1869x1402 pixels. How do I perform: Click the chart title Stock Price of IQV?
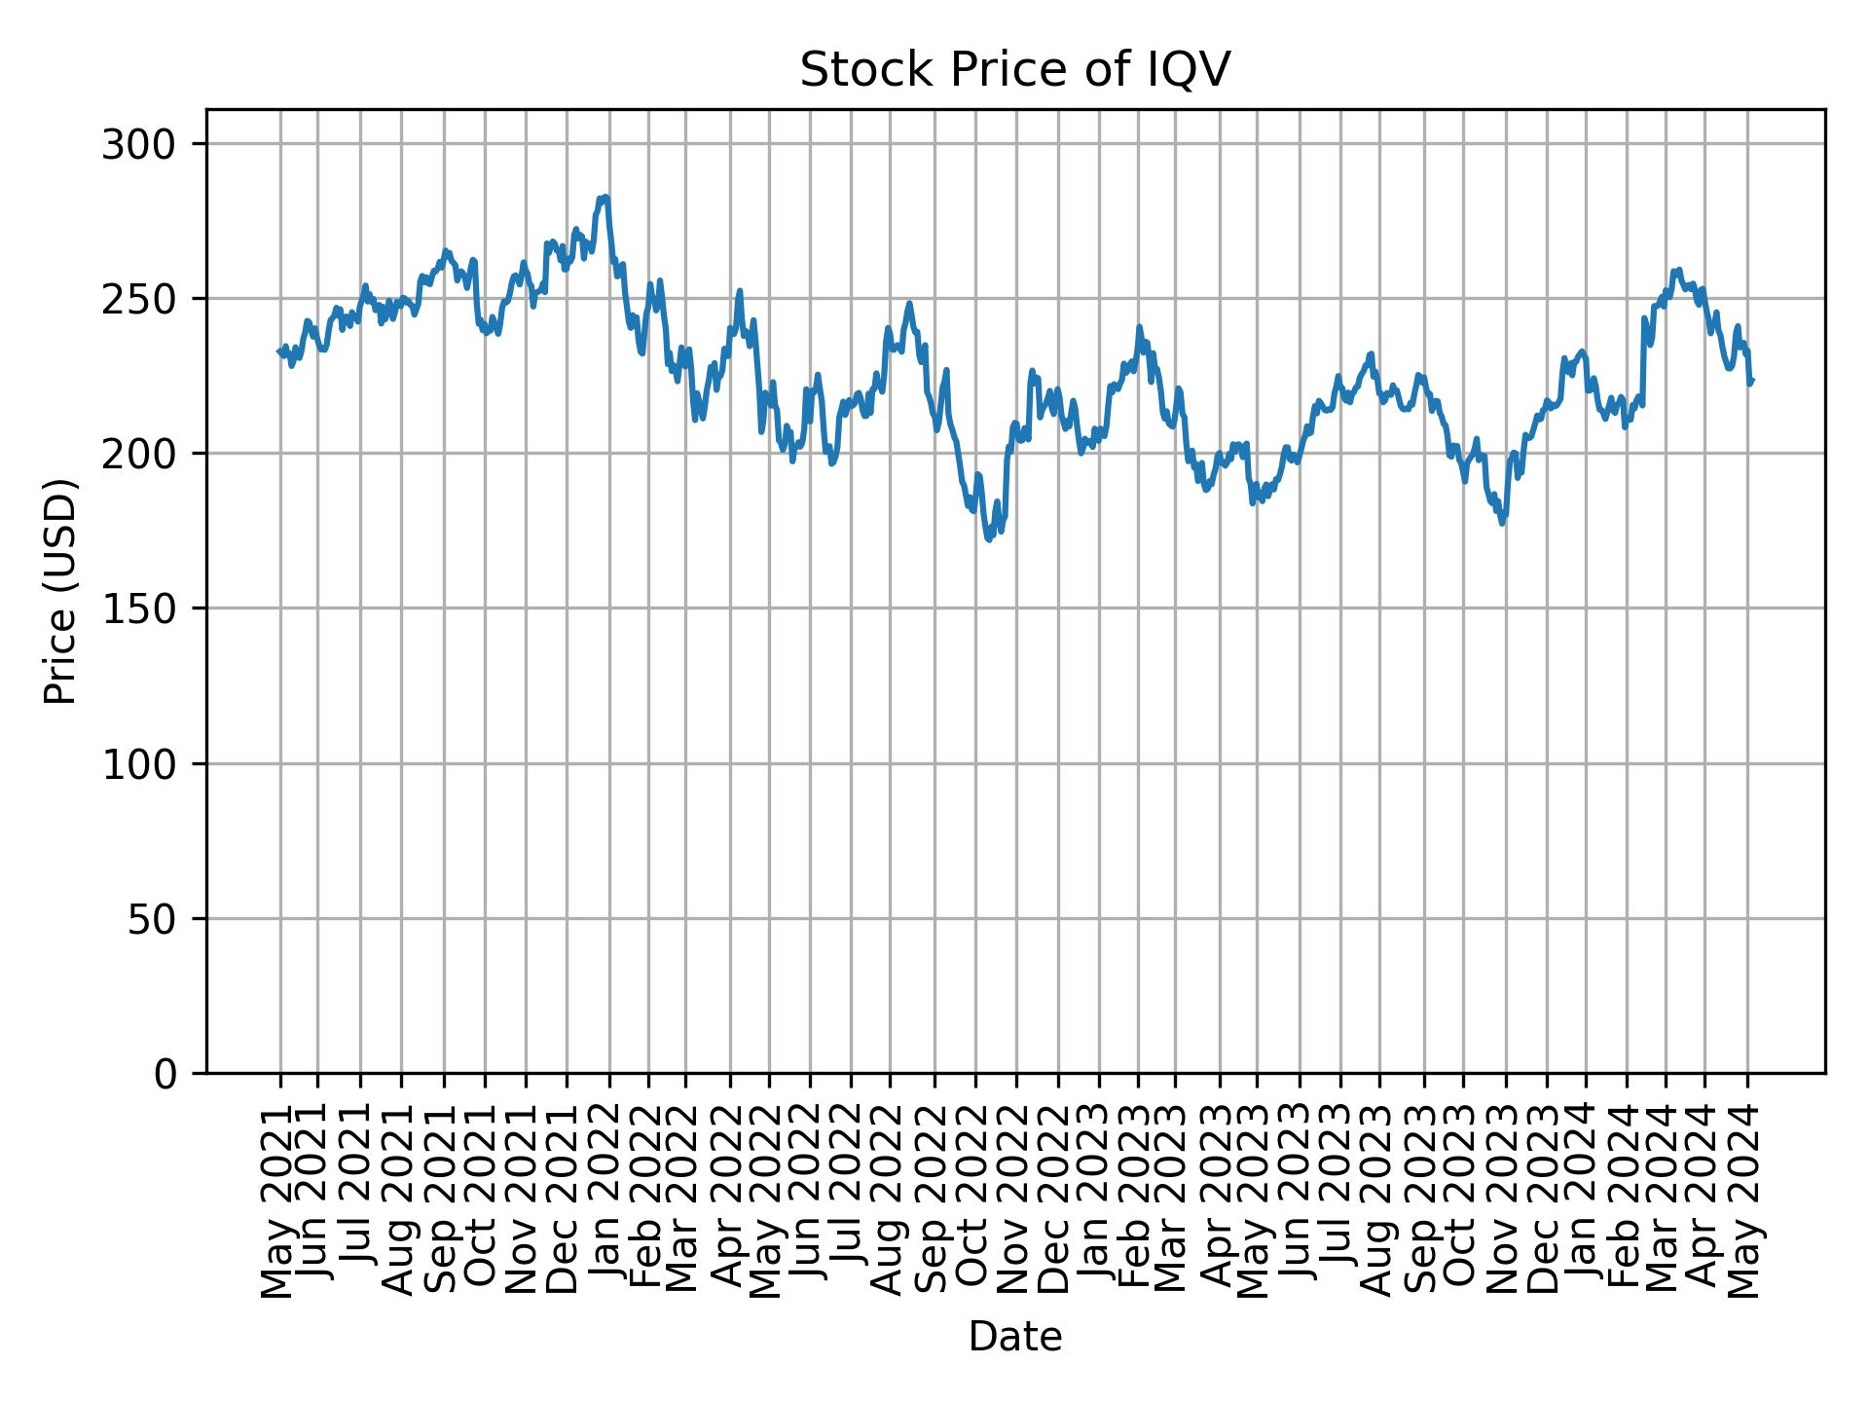[1014, 70]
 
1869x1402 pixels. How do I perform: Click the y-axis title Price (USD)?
[60, 591]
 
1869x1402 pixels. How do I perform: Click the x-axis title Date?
[1014, 1337]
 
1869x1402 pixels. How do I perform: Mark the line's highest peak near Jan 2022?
[605, 197]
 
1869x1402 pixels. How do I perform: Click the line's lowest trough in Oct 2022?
[989, 539]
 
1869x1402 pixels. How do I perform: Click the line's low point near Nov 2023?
[1503, 524]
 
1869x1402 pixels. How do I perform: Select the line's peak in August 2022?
[909, 303]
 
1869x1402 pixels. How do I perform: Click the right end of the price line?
[1752, 381]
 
